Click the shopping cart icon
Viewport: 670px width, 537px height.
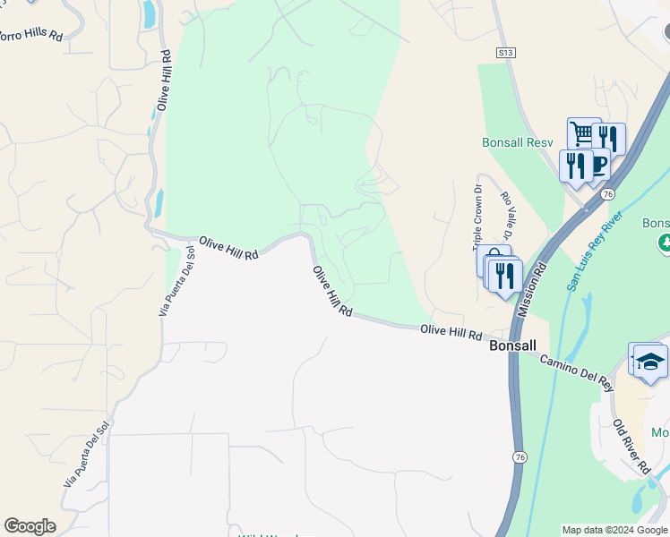(x=583, y=134)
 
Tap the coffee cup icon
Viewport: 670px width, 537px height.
(x=598, y=166)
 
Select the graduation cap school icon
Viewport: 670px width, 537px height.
(x=651, y=362)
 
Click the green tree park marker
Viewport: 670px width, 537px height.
(x=665, y=243)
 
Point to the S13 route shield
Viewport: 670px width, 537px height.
(x=506, y=54)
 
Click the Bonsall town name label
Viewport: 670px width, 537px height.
(x=512, y=345)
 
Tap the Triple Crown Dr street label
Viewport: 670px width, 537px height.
(x=477, y=219)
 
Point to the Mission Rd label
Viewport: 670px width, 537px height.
(x=531, y=291)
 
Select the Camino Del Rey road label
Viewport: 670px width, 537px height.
(x=577, y=371)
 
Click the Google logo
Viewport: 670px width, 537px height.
(x=30, y=526)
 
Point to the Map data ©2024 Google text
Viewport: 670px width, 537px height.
(x=614, y=530)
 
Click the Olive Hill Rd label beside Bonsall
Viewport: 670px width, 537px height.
(x=451, y=332)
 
